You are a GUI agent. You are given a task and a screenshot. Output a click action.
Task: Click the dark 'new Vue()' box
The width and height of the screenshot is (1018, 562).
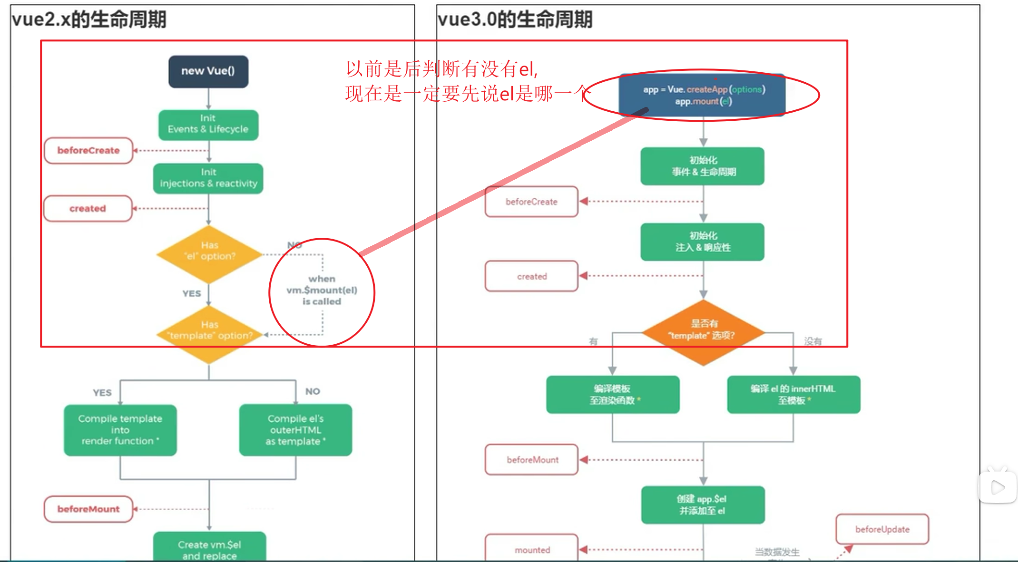pos(208,71)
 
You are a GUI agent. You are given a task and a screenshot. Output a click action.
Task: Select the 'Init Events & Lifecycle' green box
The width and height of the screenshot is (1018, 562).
pos(208,125)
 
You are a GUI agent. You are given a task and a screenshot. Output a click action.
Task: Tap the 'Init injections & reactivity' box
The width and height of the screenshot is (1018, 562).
pos(208,178)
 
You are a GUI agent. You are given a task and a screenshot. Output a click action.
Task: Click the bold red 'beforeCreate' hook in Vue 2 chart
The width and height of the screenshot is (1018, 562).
pos(88,151)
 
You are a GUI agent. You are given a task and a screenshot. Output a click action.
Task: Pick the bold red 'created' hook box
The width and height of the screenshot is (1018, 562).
pos(88,209)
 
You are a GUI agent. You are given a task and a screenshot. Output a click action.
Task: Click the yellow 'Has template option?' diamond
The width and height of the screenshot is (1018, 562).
pos(209,333)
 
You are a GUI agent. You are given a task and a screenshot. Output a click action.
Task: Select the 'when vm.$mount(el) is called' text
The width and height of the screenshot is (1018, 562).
pos(322,290)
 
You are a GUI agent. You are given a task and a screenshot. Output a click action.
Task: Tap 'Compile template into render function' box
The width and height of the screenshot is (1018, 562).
pos(120,430)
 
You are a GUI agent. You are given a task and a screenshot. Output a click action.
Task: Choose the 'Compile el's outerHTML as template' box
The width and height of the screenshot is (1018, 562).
pos(295,430)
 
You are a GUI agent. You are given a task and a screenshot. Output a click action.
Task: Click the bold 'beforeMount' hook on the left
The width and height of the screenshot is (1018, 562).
pos(88,509)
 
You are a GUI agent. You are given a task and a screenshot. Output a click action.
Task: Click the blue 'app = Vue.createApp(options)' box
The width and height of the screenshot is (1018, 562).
pos(703,95)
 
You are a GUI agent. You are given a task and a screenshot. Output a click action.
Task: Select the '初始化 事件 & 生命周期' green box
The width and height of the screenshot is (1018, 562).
pos(703,166)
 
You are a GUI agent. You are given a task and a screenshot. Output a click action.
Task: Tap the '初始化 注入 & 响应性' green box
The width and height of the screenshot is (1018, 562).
pos(703,242)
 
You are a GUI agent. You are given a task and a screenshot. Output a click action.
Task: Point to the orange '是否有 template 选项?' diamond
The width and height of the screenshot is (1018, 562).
pos(703,332)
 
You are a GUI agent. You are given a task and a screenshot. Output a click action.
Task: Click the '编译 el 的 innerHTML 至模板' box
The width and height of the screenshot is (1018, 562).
pos(793,395)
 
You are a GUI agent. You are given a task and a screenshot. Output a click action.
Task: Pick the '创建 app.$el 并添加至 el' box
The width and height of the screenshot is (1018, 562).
pos(703,505)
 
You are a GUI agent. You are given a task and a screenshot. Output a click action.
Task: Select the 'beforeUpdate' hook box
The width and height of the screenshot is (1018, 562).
pos(882,529)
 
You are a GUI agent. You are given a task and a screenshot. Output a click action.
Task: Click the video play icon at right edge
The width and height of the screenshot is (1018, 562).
pos(998,487)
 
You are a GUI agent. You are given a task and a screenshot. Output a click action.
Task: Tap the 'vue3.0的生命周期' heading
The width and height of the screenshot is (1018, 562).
pos(515,20)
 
